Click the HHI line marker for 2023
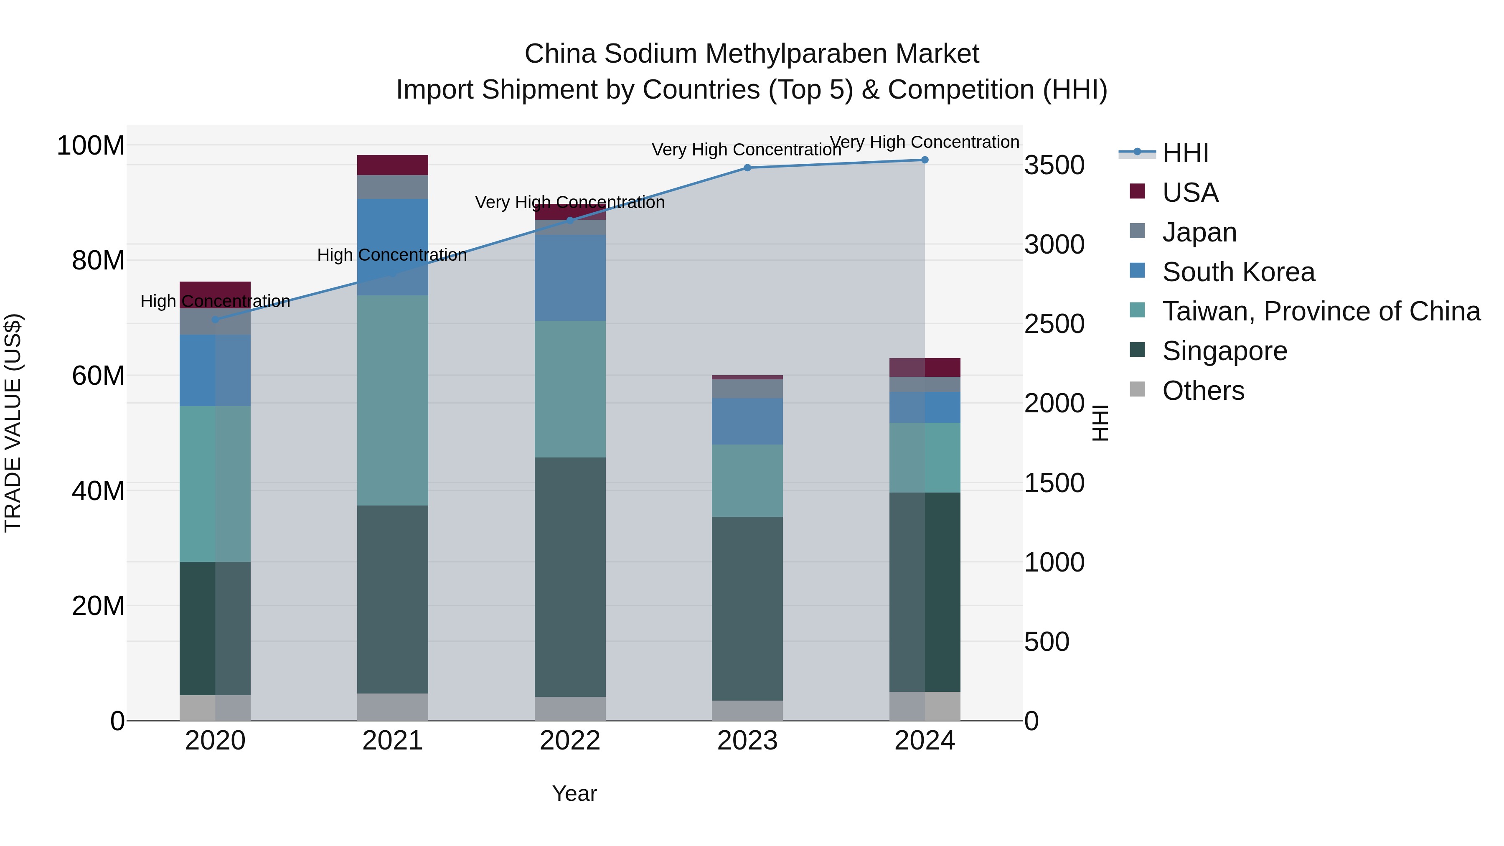coord(747,168)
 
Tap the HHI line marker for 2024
coord(925,160)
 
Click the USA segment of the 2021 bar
coord(392,165)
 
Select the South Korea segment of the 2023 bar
coord(747,421)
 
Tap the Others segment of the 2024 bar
coord(925,706)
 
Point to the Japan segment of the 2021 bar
coord(392,187)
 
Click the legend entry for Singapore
coord(1225,351)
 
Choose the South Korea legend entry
coord(1238,272)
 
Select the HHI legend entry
coord(1185,153)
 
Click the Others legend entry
coord(1203,391)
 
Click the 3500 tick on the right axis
coord(1054,165)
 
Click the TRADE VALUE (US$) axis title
coord(13,423)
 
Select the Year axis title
coord(574,793)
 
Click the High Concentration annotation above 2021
coord(392,255)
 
